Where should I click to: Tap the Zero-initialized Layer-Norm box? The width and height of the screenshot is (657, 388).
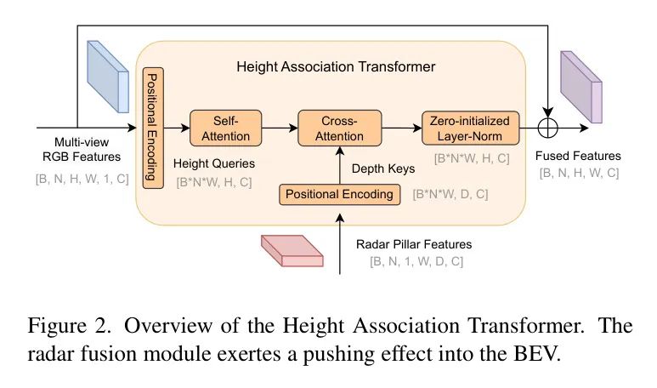(469, 128)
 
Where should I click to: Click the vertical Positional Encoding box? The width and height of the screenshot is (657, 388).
(151, 128)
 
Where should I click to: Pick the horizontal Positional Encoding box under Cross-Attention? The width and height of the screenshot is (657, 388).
(339, 194)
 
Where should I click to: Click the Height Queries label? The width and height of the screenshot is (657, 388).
(213, 163)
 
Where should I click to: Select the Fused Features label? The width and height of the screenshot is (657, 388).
(578, 156)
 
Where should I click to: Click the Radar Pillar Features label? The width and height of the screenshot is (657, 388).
(414, 244)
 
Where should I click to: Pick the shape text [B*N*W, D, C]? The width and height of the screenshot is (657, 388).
(450, 195)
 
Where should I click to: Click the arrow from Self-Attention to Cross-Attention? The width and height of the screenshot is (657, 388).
(280, 128)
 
